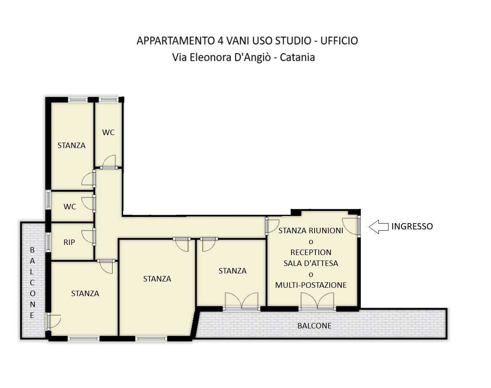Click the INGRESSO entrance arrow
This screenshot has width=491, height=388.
[x=378, y=227]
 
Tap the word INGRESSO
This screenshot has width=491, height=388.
[x=412, y=227]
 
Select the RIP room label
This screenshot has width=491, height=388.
[x=69, y=242]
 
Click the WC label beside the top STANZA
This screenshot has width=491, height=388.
[x=108, y=132]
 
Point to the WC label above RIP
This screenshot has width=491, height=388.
[x=70, y=207]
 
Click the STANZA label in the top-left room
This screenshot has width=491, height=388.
[x=71, y=146]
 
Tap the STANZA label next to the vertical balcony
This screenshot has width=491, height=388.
[x=85, y=294]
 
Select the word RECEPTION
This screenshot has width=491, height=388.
[x=311, y=253]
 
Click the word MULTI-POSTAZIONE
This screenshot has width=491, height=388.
[x=311, y=285]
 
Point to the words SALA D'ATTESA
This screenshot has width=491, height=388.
[x=311, y=263]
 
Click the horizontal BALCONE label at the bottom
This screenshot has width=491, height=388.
[x=315, y=326]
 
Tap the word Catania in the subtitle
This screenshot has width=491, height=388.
[x=297, y=57]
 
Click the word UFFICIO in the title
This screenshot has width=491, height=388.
[x=339, y=41]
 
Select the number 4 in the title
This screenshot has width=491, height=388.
[x=221, y=41]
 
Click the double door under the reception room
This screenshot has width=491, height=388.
[x=317, y=301]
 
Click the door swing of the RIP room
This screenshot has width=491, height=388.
[x=87, y=236]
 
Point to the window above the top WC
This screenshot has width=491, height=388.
[x=108, y=100]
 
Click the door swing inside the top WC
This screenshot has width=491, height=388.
[x=109, y=161]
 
